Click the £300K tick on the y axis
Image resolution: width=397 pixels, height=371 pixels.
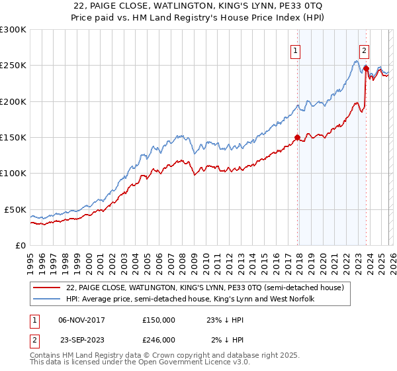[13, 30]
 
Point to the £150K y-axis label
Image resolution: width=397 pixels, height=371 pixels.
[13, 138]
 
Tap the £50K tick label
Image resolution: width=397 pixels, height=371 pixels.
[15, 209]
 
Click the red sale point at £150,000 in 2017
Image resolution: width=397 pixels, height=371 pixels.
[297, 138]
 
